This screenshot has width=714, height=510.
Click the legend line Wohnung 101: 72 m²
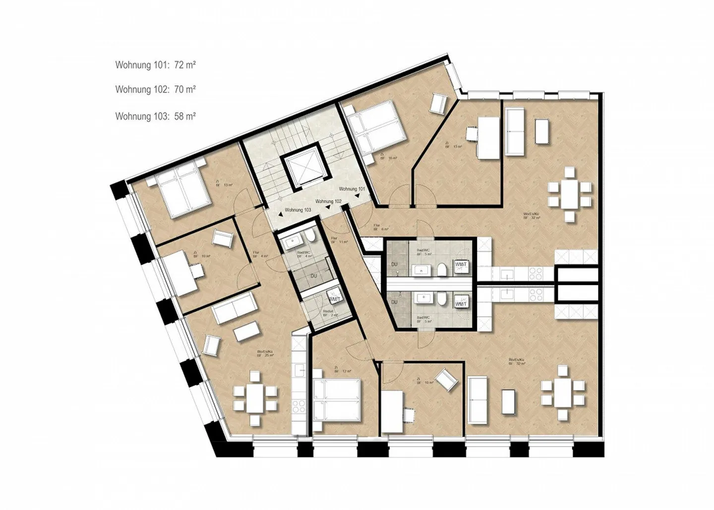coord(155,65)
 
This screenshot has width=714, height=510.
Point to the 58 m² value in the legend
coord(184,116)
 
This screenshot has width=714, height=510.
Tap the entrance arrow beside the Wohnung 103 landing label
coord(281,214)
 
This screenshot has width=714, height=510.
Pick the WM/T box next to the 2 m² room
coord(335,299)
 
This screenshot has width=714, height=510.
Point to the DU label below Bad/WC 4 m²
coord(313,276)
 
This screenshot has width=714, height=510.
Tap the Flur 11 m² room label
coord(340,240)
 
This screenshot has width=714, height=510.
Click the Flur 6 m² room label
coord(381,227)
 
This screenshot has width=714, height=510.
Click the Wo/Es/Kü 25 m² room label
coord(265,353)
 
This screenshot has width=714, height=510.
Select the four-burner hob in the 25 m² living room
coord(299,406)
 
